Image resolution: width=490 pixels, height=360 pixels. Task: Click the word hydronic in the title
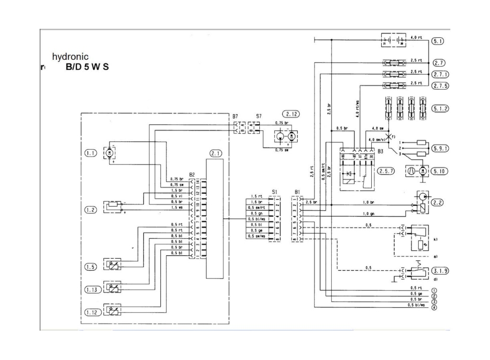tap(70, 56)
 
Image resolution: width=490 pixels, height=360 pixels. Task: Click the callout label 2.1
tap(216, 154)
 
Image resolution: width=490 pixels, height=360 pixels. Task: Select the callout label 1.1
tap(91, 153)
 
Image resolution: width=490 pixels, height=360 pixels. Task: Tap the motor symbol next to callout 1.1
tap(109, 153)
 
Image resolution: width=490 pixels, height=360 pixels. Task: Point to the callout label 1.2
tap(91, 210)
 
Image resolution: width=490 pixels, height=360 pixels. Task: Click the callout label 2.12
tap(290, 114)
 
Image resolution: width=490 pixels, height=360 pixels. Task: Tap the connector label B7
tap(235, 116)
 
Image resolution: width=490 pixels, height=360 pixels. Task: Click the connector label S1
tap(274, 191)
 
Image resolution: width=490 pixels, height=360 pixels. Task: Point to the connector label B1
tap(297, 191)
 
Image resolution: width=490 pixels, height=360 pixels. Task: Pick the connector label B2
tap(192, 175)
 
